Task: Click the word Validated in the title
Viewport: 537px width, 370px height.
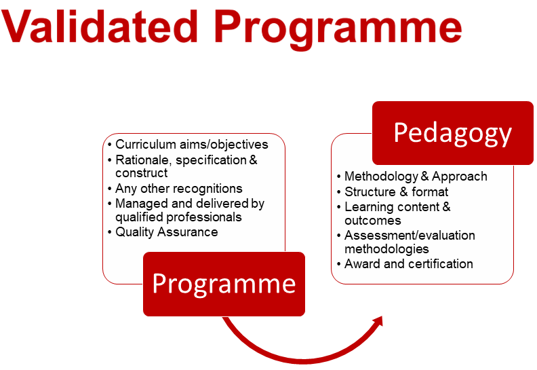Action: tap(100, 26)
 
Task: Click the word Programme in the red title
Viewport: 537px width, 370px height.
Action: tap(338, 30)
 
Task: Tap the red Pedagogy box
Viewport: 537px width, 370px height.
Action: tap(453, 133)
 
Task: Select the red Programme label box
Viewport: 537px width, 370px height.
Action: tap(224, 284)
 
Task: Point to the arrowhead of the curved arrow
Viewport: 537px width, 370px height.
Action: tap(378, 322)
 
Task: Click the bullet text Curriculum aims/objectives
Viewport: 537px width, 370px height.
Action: tap(192, 145)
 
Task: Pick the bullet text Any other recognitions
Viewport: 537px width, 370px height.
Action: tap(179, 188)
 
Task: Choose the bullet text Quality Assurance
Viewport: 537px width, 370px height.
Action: tap(166, 232)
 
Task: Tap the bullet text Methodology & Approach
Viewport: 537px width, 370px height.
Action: tap(416, 177)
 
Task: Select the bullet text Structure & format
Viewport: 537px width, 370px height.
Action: tap(396, 191)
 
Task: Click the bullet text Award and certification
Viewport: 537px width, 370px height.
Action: tap(409, 263)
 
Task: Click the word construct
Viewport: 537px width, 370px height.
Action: tap(142, 173)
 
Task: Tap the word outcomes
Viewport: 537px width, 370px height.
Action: tap(373, 221)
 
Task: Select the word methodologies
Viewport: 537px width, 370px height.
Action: tap(386, 249)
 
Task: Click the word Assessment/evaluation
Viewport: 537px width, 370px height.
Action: tap(410, 236)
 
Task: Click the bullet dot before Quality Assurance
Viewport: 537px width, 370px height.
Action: tap(110, 232)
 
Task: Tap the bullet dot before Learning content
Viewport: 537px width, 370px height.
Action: tap(339, 208)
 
